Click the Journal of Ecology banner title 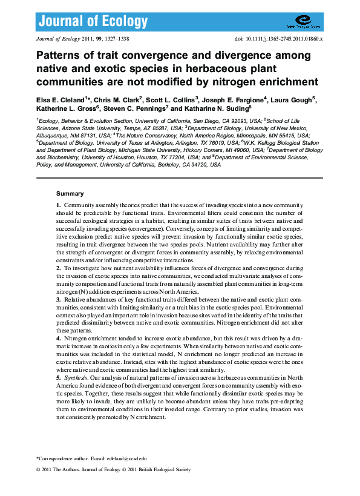click(x=93, y=22)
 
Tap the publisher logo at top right click(x=303, y=23)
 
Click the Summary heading click(x=70, y=194)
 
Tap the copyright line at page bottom click(x=113, y=469)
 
